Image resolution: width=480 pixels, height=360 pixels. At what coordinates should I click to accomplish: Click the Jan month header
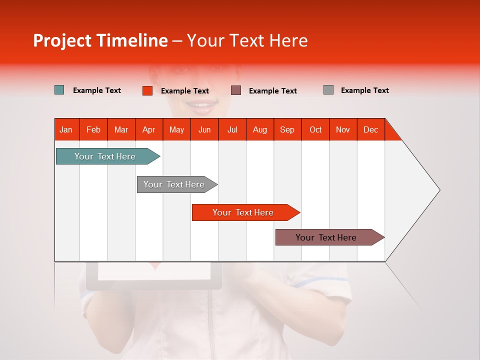coord(66,129)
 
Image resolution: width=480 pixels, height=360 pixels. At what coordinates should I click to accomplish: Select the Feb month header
coord(93,129)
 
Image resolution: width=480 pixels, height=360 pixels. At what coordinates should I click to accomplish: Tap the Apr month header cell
coord(149,129)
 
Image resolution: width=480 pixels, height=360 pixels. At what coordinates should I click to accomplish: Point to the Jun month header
coord(204,129)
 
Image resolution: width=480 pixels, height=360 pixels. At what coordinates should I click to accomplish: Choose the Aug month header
coord(260,129)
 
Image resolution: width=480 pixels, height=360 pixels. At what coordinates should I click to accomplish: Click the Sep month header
coord(287,129)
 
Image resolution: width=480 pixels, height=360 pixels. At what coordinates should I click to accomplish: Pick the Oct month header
coord(315,129)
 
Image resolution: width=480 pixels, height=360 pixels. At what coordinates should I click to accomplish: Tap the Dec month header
coord(371,129)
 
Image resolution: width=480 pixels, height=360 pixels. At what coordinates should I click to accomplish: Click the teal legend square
coord(59,90)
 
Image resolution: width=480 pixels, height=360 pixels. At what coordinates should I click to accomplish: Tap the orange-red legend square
coord(147,90)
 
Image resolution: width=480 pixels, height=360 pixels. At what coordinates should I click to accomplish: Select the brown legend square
coord(236,90)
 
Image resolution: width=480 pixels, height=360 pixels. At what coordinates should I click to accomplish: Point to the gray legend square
coord(328,90)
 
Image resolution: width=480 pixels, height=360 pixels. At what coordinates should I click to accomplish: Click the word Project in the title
coord(62,40)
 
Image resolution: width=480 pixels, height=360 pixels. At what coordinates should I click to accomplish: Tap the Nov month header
coord(343,129)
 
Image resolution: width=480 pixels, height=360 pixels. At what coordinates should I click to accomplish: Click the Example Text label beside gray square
coord(364,90)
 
